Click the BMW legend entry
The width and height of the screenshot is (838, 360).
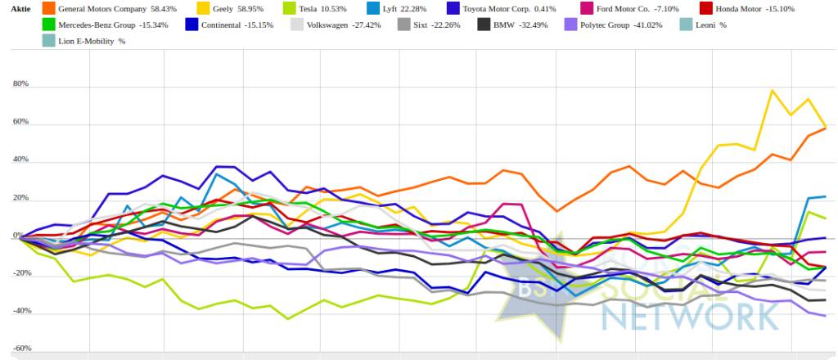(x=503, y=25)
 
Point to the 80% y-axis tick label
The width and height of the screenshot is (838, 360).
(x=20, y=84)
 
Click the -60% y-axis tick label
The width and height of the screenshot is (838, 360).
(x=20, y=349)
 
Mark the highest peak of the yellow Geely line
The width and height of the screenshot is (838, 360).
(x=772, y=90)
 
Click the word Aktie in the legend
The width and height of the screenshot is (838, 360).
(x=20, y=8)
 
